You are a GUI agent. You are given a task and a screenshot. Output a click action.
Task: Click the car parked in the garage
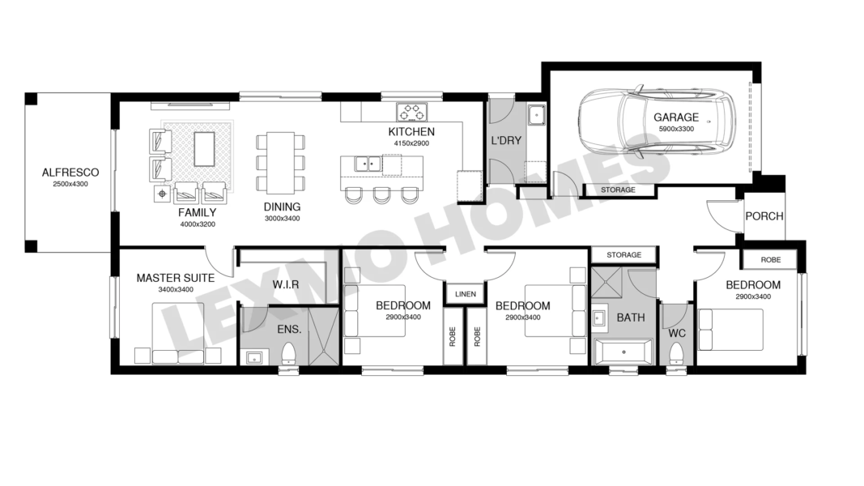[x=657, y=120]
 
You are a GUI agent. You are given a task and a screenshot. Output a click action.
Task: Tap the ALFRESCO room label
[x=70, y=173]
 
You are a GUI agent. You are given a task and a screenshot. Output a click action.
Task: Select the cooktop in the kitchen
[x=412, y=112]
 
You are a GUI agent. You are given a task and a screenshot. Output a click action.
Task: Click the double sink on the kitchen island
[x=368, y=164]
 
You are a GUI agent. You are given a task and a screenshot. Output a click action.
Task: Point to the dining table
[x=280, y=163]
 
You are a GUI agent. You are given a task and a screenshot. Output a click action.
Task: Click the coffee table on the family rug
[x=204, y=148]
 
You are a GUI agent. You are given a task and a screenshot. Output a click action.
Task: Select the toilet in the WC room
[x=676, y=352]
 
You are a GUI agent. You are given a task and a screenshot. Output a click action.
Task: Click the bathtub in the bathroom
[x=624, y=352]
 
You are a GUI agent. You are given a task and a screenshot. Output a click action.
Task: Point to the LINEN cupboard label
[x=466, y=294]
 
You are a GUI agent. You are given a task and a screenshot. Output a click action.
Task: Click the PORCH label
[x=764, y=216]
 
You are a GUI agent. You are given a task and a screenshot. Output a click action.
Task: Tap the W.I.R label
[x=285, y=285]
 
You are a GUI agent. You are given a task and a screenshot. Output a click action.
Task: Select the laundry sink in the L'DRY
[x=535, y=116]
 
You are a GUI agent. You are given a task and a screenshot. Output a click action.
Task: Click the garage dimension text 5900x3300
[x=676, y=130]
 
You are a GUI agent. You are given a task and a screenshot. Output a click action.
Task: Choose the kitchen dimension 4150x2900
[x=411, y=144]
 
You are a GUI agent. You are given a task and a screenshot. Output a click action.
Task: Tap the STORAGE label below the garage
[x=618, y=190]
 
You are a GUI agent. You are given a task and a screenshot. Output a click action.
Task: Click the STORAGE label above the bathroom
[x=624, y=255]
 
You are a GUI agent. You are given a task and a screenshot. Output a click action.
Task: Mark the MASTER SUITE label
[x=175, y=279]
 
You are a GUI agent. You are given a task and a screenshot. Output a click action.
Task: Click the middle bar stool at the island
[x=381, y=195]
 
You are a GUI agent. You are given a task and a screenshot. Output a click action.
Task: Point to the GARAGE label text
[x=676, y=117]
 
